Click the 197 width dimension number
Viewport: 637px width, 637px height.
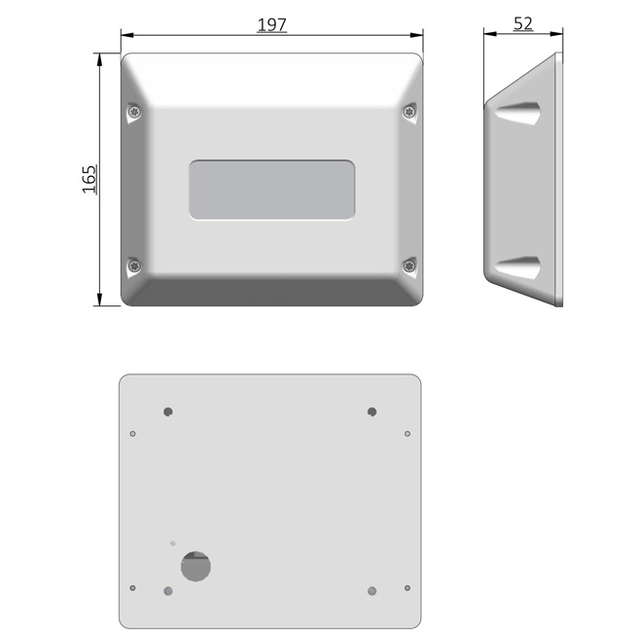271,24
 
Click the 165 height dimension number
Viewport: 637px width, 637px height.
89,179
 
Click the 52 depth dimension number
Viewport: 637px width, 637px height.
523,23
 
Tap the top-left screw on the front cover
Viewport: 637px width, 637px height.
134,111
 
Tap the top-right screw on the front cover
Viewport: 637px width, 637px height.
409,111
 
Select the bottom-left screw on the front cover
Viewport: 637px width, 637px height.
134,266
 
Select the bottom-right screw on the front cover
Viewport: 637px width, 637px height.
409,266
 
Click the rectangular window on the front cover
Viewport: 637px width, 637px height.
271,190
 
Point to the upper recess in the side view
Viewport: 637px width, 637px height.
517,113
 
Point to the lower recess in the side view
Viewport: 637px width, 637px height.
517,267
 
